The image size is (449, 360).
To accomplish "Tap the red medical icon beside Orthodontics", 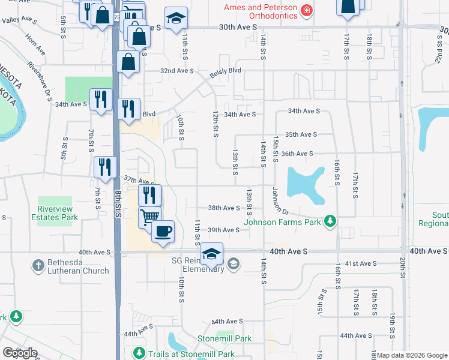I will pyautogui.click(x=307, y=11).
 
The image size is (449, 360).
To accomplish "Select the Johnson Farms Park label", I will pyautogui.click(x=283, y=223).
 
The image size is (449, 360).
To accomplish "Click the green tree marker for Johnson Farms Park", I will pyautogui.click(x=329, y=222).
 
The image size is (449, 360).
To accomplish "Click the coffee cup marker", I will pyautogui.click(x=162, y=232).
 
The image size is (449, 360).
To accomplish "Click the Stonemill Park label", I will pyautogui.click(x=224, y=338).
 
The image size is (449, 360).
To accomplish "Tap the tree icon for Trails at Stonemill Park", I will pyautogui.click(x=139, y=353).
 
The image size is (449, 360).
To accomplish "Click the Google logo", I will pyautogui.click(x=20, y=353).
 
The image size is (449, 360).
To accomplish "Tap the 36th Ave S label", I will pyautogui.click(x=297, y=154).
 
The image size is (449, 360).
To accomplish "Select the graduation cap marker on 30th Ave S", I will pyautogui.click(x=176, y=20).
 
